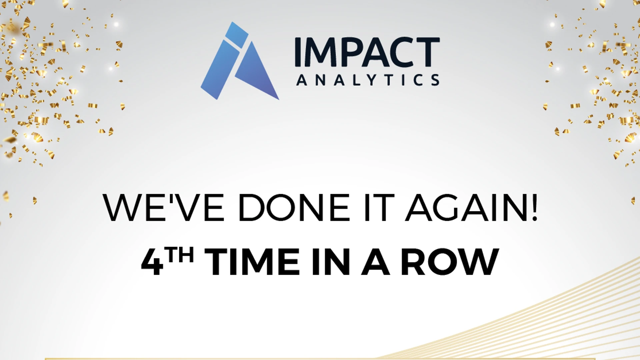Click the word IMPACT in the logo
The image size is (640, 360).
pos(367,52)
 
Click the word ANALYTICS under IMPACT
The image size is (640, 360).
pos(368,80)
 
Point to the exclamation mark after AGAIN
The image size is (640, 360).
pos(534,207)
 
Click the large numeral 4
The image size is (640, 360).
pos(152,262)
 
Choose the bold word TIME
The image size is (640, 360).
pos(252,262)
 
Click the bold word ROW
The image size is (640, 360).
pos(450,262)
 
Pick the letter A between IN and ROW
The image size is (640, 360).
pos(376,262)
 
